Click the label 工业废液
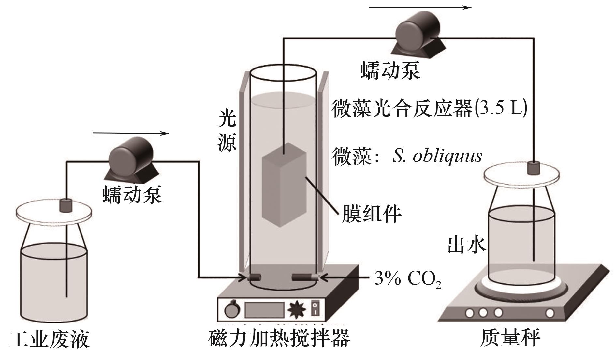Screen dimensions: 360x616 point(50,339)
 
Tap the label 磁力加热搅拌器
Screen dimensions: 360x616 point(279,338)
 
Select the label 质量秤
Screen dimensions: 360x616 point(510,338)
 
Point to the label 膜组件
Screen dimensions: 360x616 point(371,214)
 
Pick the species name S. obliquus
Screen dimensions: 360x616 point(437,156)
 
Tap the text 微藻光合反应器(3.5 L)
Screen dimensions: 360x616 point(429,109)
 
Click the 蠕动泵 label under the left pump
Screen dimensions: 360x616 point(132,195)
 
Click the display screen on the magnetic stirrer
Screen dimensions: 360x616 point(264,310)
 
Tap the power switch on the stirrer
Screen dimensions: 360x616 point(315,308)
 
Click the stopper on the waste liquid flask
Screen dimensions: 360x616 point(66,205)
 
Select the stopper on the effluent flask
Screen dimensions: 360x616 point(534,168)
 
